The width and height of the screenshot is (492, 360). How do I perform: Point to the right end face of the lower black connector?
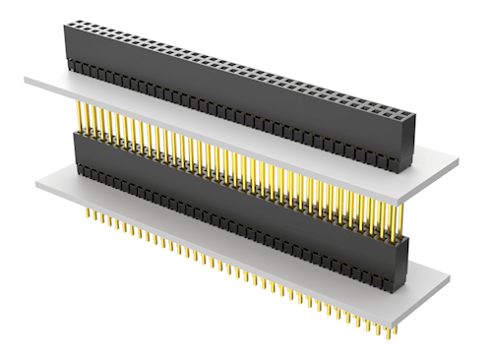[x=401, y=261]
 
